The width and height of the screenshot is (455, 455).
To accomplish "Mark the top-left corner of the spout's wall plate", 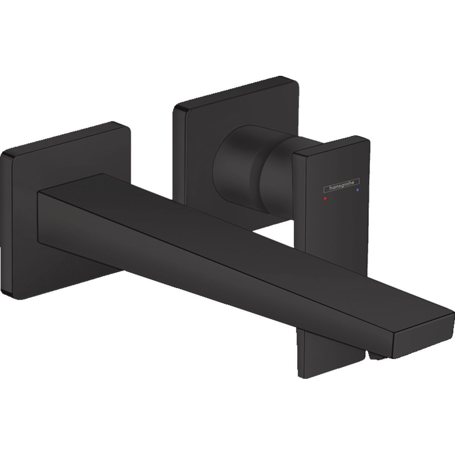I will (x=4, y=154).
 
